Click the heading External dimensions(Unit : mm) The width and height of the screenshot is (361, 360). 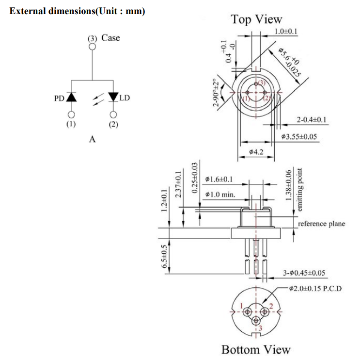(78, 11)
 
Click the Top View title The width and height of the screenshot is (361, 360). (256, 19)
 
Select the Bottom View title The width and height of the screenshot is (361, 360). (256, 349)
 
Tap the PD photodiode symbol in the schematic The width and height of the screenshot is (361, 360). (71, 97)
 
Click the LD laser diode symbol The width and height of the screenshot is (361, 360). (113, 97)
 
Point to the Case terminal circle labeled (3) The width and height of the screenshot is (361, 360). (92, 47)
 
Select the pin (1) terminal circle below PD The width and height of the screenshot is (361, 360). (71, 115)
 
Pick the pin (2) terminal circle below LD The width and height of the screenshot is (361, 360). (113, 115)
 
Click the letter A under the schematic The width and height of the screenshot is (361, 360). (92, 140)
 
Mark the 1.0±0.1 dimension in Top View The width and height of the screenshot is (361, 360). (286, 32)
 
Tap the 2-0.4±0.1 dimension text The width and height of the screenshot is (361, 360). (312, 119)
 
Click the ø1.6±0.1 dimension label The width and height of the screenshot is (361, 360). (219, 180)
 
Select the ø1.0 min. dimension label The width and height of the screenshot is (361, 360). (220, 195)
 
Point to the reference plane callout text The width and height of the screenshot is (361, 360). (321, 224)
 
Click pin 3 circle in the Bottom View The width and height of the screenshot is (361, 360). (255, 320)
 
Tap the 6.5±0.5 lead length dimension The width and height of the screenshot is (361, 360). (164, 256)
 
